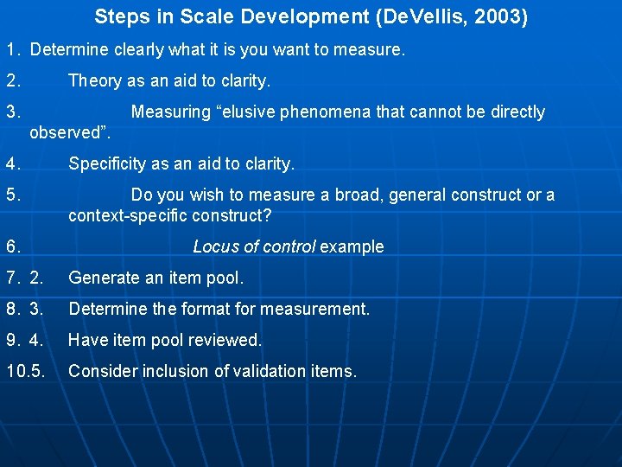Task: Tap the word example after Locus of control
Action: [x=352, y=246]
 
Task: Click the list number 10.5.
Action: [x=25, y=371]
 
